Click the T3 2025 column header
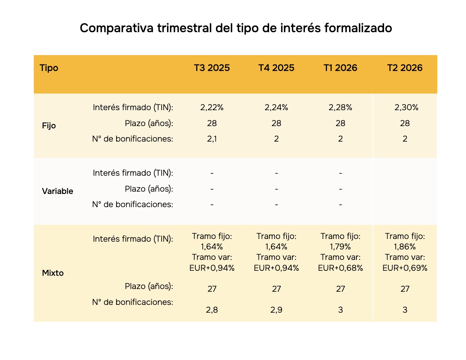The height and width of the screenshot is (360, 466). coord(212,67)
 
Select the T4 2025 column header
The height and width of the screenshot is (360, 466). coord(276,67)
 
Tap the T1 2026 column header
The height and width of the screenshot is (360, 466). coord(340,67)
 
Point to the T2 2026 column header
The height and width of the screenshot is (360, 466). coord(405,67)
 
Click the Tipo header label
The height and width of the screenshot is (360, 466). coord(49,68)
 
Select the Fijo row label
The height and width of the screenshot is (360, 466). coord(49,126)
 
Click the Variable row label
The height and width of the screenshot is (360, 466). coord(57,191)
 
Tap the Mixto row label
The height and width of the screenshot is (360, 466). coord(53,273)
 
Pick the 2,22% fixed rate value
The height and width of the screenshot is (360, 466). coord(212,107)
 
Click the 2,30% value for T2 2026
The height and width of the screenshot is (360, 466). coord(406,107)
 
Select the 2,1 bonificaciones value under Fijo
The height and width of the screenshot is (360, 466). coord(212,139)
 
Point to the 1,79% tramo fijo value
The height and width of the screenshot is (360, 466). coord(340,247)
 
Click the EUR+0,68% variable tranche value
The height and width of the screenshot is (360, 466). coord(340,268)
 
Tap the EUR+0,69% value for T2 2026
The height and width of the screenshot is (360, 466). coord(405,268)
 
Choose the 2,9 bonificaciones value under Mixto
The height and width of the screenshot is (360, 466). coord(276,310)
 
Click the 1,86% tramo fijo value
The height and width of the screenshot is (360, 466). coord(405,247)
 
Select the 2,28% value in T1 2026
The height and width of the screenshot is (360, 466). coord(340,107)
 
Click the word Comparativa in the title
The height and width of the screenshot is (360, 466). coord(116,28)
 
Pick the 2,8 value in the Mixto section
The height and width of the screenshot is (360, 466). coord(212,310)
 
